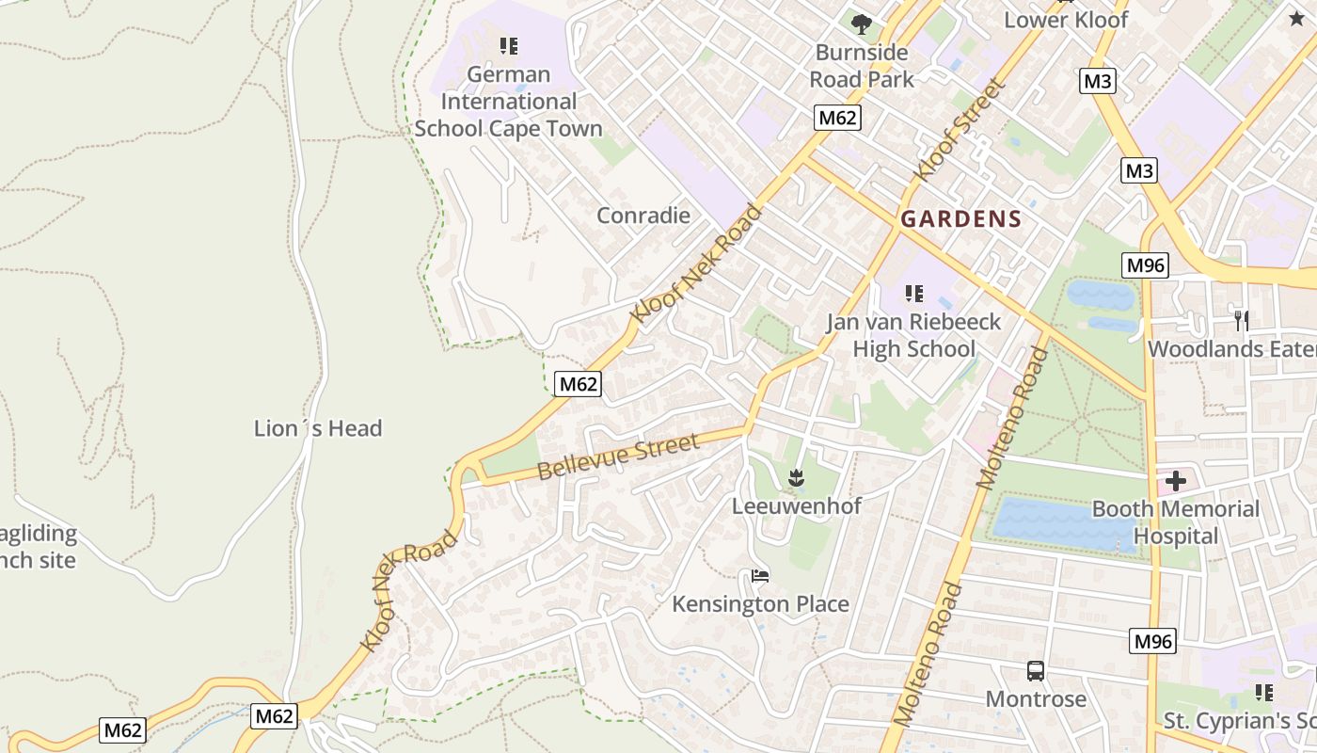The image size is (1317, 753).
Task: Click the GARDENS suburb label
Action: pos(960,219)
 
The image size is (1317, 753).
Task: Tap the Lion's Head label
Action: pos(318,428)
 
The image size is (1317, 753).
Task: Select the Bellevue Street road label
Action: pos(618,457)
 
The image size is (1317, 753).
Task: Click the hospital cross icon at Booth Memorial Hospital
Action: pos(1175,481)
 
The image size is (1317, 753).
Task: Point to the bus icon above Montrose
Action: pos(1036,671)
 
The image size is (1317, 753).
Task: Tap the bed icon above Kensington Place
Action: pos(760,575)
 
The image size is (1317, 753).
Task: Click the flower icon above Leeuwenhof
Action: pos(797,478)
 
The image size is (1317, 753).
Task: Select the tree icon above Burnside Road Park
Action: pos(861,24)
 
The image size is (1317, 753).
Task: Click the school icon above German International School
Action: pos(509,45)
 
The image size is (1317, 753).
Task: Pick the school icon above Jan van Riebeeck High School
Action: pos(913,294)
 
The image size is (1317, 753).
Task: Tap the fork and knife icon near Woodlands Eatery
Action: pos(1241,320)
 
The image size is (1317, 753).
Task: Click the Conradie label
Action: pos(643,216)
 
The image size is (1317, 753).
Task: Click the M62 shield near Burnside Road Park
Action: pos(836,118)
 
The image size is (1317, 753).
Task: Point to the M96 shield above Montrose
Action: pos(1152,642)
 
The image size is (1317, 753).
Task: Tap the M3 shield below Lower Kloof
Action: pos(1097,81)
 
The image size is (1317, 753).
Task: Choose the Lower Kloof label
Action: pos(1066,20)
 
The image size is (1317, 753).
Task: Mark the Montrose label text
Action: pos(1036,698)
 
